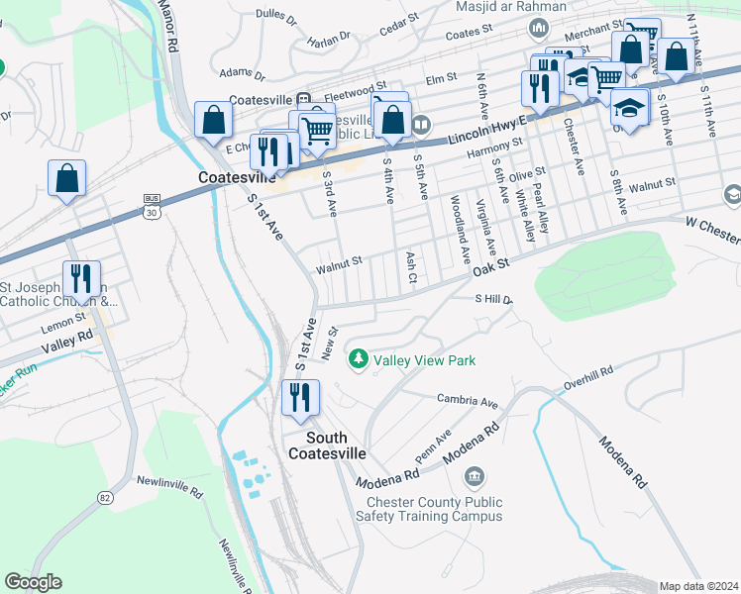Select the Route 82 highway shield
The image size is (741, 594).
click(105, 497)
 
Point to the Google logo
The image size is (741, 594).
click(33, 582)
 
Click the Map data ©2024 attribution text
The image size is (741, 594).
click(698, 586)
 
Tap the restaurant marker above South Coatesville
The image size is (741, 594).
click(300, 398)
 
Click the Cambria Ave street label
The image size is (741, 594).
click(467, 401)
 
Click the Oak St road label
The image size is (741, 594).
click(489, 264)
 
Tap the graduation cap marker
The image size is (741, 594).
click(629, 106)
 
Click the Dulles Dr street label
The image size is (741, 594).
click(275, 17)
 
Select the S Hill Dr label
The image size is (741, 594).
click(492, 299)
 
